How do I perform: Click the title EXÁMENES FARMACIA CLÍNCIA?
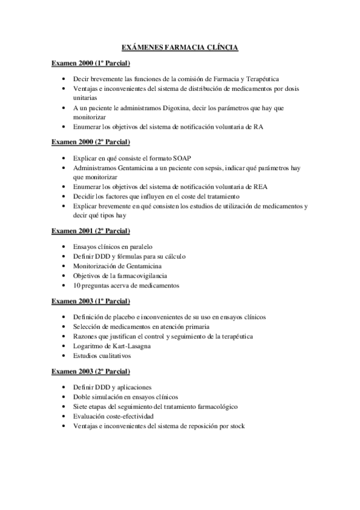[180, 47]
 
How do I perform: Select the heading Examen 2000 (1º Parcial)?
[91, 63]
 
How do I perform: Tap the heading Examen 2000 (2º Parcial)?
[91, 142]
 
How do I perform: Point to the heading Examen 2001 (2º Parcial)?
[91, 230]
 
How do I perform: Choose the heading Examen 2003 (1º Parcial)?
[91, 301]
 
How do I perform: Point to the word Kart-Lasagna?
[127, 346]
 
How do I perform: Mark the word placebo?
[124, 316]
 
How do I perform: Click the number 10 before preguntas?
[77, 285]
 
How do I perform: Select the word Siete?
[81, 407]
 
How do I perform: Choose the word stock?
[236, 426]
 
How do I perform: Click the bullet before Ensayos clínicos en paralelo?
[64, 246]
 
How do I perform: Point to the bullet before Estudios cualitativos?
[64, 355]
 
